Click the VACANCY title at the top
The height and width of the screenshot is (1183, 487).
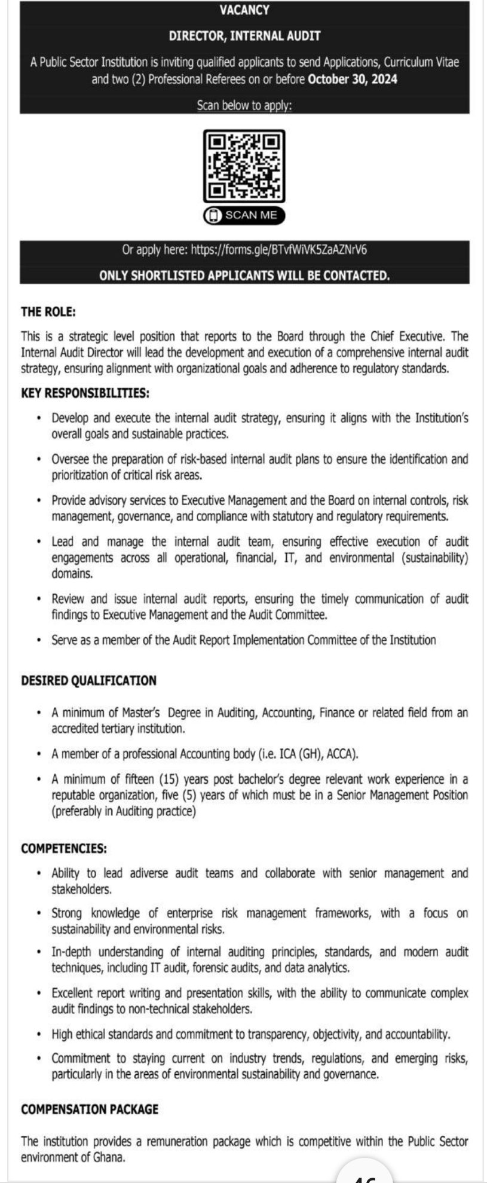244,10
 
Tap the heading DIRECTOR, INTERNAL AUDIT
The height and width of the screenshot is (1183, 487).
244,36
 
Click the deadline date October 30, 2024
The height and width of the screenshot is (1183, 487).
352,79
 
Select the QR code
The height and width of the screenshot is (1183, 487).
244,166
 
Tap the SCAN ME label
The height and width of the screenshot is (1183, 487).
251,215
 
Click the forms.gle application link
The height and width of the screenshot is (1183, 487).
278,249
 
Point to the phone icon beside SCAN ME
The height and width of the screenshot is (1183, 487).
213,216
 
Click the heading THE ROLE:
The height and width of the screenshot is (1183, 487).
48,311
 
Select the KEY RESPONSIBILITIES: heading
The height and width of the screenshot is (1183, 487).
85,393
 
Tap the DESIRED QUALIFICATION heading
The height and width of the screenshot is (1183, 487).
88,680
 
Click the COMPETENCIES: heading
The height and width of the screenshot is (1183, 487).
64,848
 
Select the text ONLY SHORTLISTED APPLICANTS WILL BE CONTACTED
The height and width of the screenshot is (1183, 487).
244,276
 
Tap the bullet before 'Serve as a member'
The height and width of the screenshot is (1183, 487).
38,641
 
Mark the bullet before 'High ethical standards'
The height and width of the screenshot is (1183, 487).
38,1034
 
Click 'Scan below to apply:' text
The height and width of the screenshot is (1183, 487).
244,106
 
